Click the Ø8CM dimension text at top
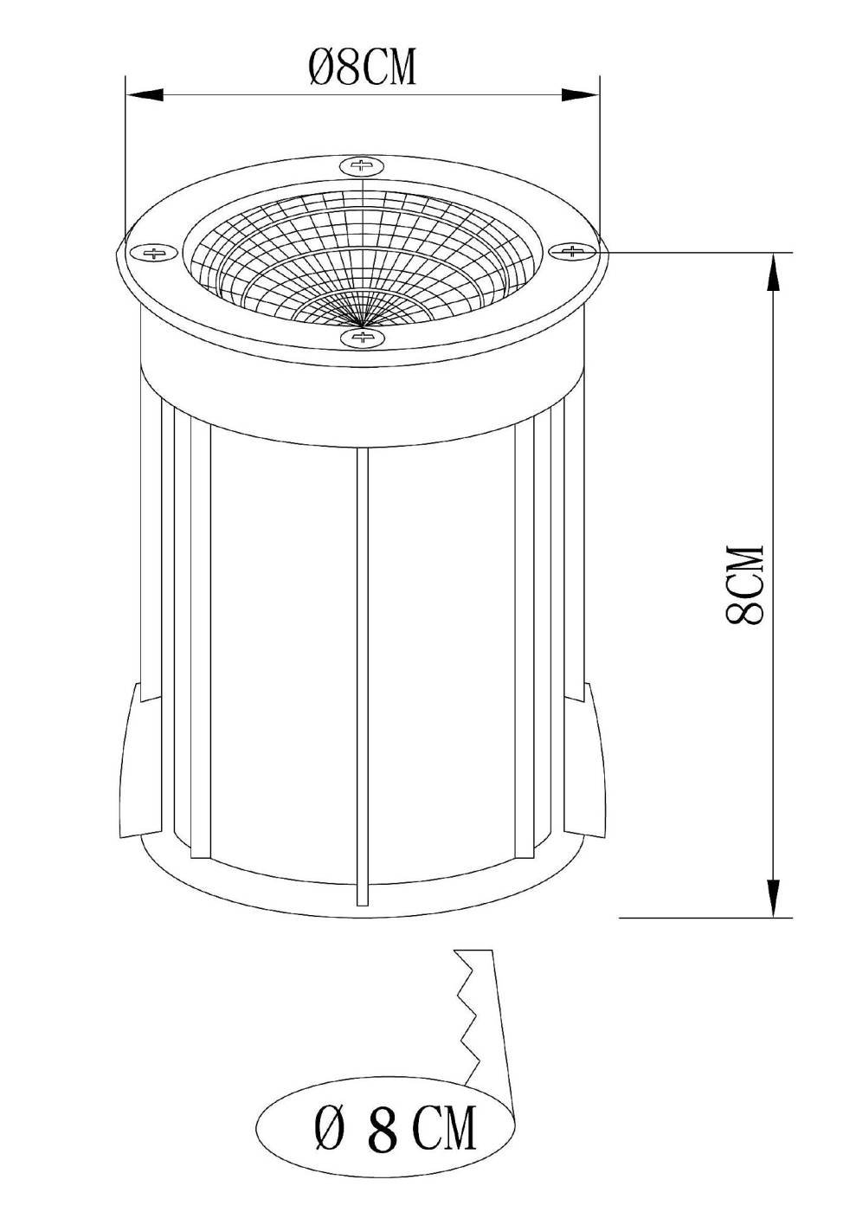click(x=363, y=68)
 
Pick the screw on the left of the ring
click(x=155, y=253)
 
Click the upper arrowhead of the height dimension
click(x=770, y=270)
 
